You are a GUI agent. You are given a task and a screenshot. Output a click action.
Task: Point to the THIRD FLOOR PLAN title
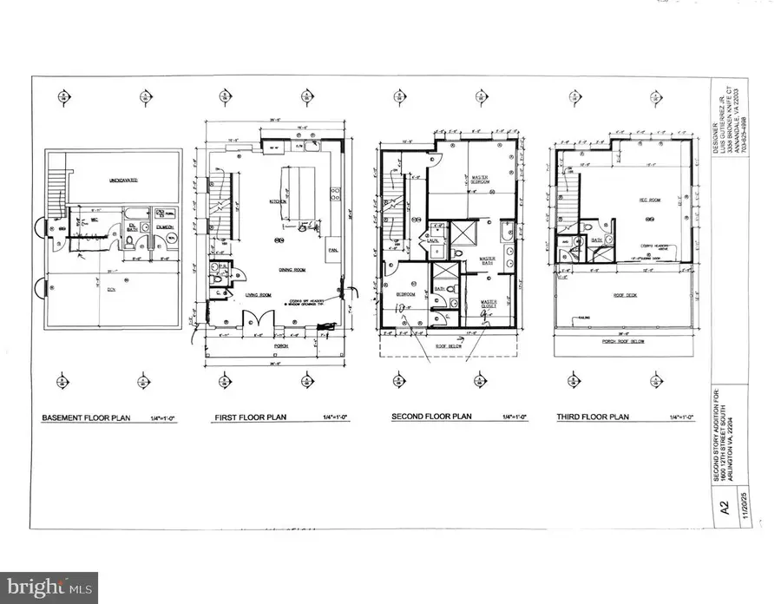coord(593,417)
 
